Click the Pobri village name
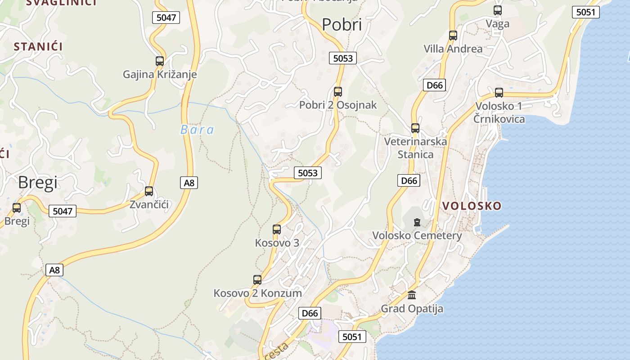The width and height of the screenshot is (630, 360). [342, 25]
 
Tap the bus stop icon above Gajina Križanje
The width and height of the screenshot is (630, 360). [160, 61]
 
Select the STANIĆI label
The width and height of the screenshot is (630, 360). [38, 46]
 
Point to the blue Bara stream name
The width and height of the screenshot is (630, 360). [197, 130]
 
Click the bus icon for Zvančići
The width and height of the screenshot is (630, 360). [149, 191]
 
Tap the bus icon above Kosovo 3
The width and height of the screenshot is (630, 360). [277, 229]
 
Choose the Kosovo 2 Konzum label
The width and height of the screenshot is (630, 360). [257, 293]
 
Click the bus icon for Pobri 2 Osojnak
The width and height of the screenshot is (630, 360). [338, 92]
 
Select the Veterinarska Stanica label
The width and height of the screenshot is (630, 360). [415, 148]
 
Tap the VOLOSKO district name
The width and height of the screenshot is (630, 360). [472, 206]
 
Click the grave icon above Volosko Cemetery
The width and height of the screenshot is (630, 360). [417, 222]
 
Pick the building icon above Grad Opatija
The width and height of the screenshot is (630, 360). [412, 295]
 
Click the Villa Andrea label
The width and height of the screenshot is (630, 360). [453, 49]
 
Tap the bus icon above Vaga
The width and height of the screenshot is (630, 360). [498, 10]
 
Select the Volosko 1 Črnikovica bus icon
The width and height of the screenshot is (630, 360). [499, 93]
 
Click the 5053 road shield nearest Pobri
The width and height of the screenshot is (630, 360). [343, 58]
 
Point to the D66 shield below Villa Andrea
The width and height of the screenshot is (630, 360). [434, 85]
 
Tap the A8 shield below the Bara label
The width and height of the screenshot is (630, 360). [189, 183]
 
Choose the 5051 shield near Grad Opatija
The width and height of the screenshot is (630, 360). [352, 337]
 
